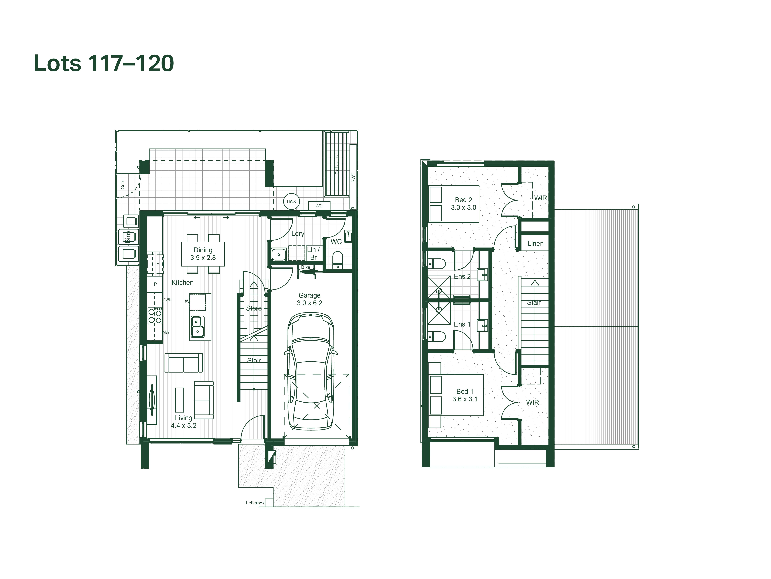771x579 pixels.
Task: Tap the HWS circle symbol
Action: pyautogui.click(x=291, y=202)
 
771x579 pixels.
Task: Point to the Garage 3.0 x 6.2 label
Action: pyautogui.click(x=309, y=299)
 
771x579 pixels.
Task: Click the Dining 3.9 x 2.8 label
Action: pyautogui.click(x=203, y=254)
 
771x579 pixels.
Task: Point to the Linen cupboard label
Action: pyautogui.click(x=535, y=244)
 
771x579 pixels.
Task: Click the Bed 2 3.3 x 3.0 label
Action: pyautogui.click(x=464, y=203)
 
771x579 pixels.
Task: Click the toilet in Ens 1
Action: pyautogui.click(x=436, y=336)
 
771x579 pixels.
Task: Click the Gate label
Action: pyautogui.click(x=123, y=184)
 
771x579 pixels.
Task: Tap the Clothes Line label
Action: pyautogui.click(x=337, y=164)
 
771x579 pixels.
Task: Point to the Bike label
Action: pyautogui.click(x=306, y=267)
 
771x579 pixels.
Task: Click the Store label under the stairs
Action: pyautogui.click(x=254, y=308)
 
